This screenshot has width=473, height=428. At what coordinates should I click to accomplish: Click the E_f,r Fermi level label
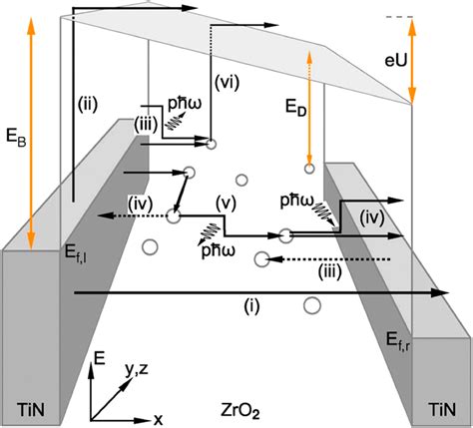coord(398,342)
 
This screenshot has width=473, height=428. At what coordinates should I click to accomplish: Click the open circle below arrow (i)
coord(311,305)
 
